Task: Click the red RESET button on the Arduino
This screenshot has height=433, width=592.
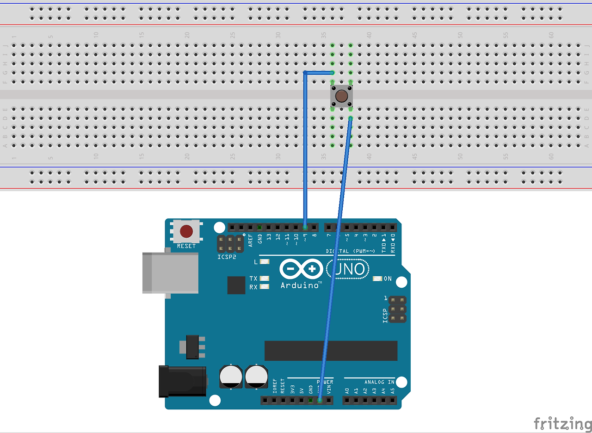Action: [x=186, y=231]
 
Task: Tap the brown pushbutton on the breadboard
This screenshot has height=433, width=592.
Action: [x=341, y=96]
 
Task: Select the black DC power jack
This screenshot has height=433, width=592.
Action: [x=183, y=381]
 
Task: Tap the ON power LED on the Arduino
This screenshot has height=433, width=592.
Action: [x=377, y=279]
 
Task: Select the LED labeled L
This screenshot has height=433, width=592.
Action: [x=265, y=262]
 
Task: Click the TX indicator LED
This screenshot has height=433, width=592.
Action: [x=265, y=278]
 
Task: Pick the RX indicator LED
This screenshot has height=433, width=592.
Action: [x=265, y=287]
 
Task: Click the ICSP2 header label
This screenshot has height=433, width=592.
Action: [x=227, y=256]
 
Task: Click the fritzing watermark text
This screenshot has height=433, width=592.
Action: [x=562, y=423]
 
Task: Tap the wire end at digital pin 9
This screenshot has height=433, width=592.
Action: [x=305, y=227]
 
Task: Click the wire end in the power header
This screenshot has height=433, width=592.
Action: [x=320, y=400]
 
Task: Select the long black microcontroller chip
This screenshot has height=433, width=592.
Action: [x=331, y=351]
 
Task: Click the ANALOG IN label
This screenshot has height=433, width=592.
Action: [x=379, y=382]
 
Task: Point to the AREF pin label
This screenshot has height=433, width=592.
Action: [x=251, y=240]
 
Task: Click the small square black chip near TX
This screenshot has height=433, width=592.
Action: [x=236, y=285]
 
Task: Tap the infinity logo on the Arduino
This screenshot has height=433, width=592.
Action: [x=301, y=269]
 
